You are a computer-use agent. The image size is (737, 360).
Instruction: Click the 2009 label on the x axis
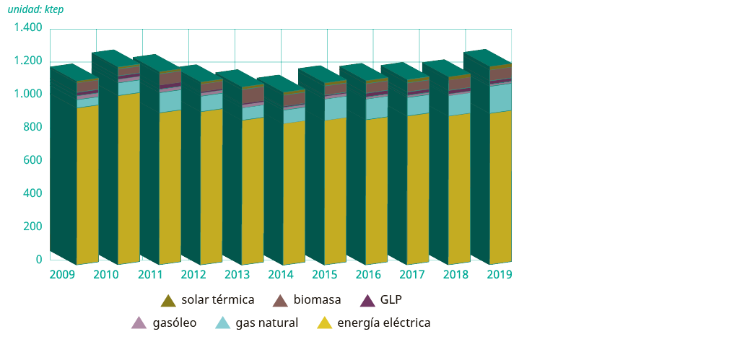pyautogui.click(x=61, y=275)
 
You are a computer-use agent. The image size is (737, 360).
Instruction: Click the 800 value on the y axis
pyautogui.click(x=33, y=128)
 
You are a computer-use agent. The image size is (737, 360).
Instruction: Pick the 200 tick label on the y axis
pyautogui.click(x=33, y=227)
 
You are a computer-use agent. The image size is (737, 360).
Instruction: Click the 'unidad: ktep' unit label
pyautogui.click(x=35, y=10)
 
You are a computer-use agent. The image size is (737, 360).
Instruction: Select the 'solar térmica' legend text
pyautogui.click(x=218, y=299)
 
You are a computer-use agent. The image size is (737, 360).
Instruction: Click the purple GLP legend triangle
pyautogui.click(x=367, y=300)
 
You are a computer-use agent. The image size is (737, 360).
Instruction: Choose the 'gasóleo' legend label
pyautogui.click(x=175, y=323)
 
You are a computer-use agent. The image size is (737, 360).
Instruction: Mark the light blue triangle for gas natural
pyautogui.click(x=223, y=323)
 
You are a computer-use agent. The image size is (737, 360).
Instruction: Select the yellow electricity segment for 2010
pyautogui.click(x=129, y=180)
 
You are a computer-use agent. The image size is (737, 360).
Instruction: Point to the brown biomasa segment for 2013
pyautogui.click(x=253, y=95)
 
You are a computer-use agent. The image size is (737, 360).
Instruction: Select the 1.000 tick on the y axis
pyautogui.click(x=28, y=95)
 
